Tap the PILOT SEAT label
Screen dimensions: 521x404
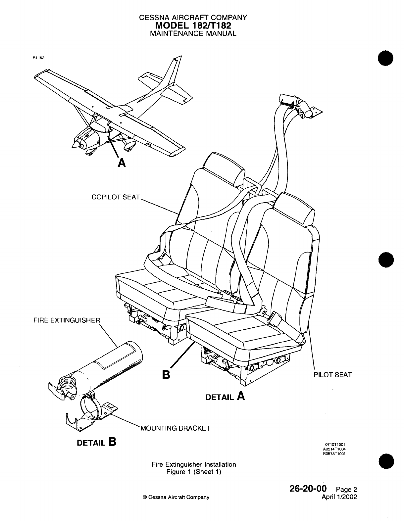pyautogui.click(x=332, y=375)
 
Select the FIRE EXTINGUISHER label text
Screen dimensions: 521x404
pyautogui.click(x=67, y=320)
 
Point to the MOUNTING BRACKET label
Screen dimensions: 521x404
pyautogui.click(x=176, y=428)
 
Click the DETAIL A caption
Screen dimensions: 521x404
pyautogui.click(x=225, y=396)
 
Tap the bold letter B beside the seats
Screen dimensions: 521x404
pyautogui.click(x=166, y=375)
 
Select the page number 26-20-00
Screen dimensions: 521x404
pyautogui.click(x=308, y=488)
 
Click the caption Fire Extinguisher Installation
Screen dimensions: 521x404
pyautogui.click(x=194, y=464)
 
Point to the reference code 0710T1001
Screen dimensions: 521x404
pyautogui.click(x=336, y=445)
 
